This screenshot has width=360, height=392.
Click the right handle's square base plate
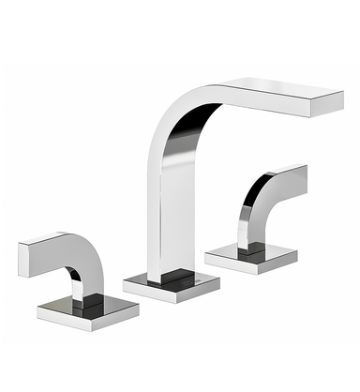(x=250, y=255)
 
